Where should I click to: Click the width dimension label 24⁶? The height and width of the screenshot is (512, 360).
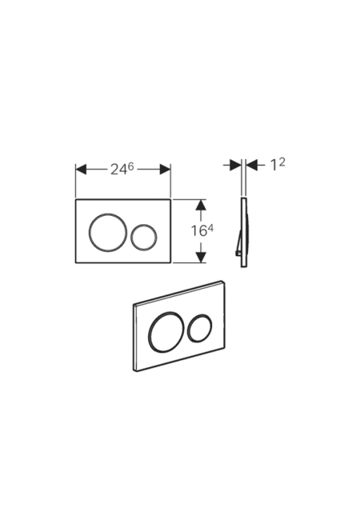pos(122,169)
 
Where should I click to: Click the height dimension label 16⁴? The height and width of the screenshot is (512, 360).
pos(202,230)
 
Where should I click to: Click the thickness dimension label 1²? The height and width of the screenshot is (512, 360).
pos(278,165)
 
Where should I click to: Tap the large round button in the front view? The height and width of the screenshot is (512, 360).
pos(107,232)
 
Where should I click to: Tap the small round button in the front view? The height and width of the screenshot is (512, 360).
pos(144,237)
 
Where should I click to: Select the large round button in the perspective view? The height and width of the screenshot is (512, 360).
pos(164,331)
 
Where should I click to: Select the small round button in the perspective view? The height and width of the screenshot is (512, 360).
pos(200,328)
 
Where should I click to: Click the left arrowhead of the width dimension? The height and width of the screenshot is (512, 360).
pos(81,170)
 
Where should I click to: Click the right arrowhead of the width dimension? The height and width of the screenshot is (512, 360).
pos(166,170)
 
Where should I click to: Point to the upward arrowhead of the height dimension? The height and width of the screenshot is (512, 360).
pos(201,205)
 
